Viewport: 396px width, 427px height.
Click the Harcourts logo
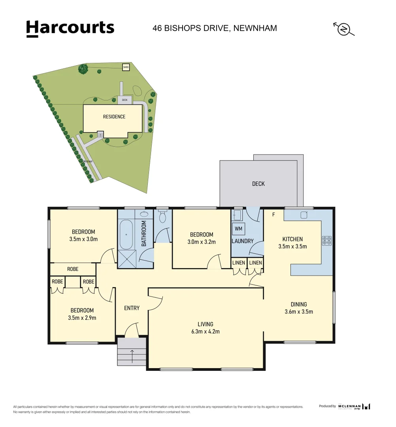(x=70, y=28)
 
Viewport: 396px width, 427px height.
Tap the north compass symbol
(x=343, y=29)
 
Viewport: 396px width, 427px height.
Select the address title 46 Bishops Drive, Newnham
(x=215, y=28)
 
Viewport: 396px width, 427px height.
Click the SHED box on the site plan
(x=126, y=67)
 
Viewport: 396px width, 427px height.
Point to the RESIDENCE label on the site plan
(x=114, y=117)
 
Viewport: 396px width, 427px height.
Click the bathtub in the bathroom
(x=126, y=235)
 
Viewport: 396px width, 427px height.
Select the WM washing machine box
(x=239, y=229)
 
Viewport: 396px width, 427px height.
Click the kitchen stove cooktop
(x=327, y=240)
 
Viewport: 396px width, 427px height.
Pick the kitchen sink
(x=304, y=215)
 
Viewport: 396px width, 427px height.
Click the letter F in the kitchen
(x=273, y=215)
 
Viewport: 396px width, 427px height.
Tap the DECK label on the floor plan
(x=258, y=184)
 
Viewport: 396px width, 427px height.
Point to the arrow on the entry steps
(x=132, y=355)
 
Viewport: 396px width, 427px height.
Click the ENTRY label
(x=132, y=308)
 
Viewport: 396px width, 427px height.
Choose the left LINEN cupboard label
(x=239, y=263)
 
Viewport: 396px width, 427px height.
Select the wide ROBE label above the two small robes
(x=73, y=269)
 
